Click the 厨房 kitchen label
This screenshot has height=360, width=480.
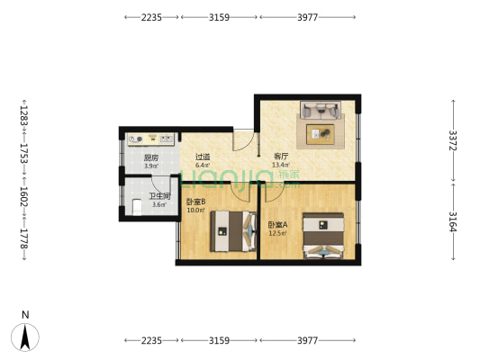[x=151, y=156]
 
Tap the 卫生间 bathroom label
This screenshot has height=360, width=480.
[x=159, y=195]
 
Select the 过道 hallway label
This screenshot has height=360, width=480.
[x=203, y=156]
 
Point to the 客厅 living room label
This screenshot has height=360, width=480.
[x=281, y=156]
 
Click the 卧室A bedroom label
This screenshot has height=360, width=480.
[x=277, y=224]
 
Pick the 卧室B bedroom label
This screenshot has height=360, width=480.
[x=196, y=202]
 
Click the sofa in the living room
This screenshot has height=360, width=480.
[x=320, y=111]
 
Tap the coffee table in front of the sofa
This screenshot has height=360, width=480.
[x=321, y=134]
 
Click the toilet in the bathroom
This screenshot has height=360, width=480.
[x=136, y=207]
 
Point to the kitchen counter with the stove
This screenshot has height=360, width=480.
[x=150, y=139]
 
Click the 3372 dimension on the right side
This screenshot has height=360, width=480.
[x=453, y=141]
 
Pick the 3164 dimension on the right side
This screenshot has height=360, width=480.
[x=453, y=220]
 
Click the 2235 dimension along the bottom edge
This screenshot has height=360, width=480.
[x=150, y=340]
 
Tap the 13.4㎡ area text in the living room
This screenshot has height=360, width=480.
[x=280, y=165]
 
